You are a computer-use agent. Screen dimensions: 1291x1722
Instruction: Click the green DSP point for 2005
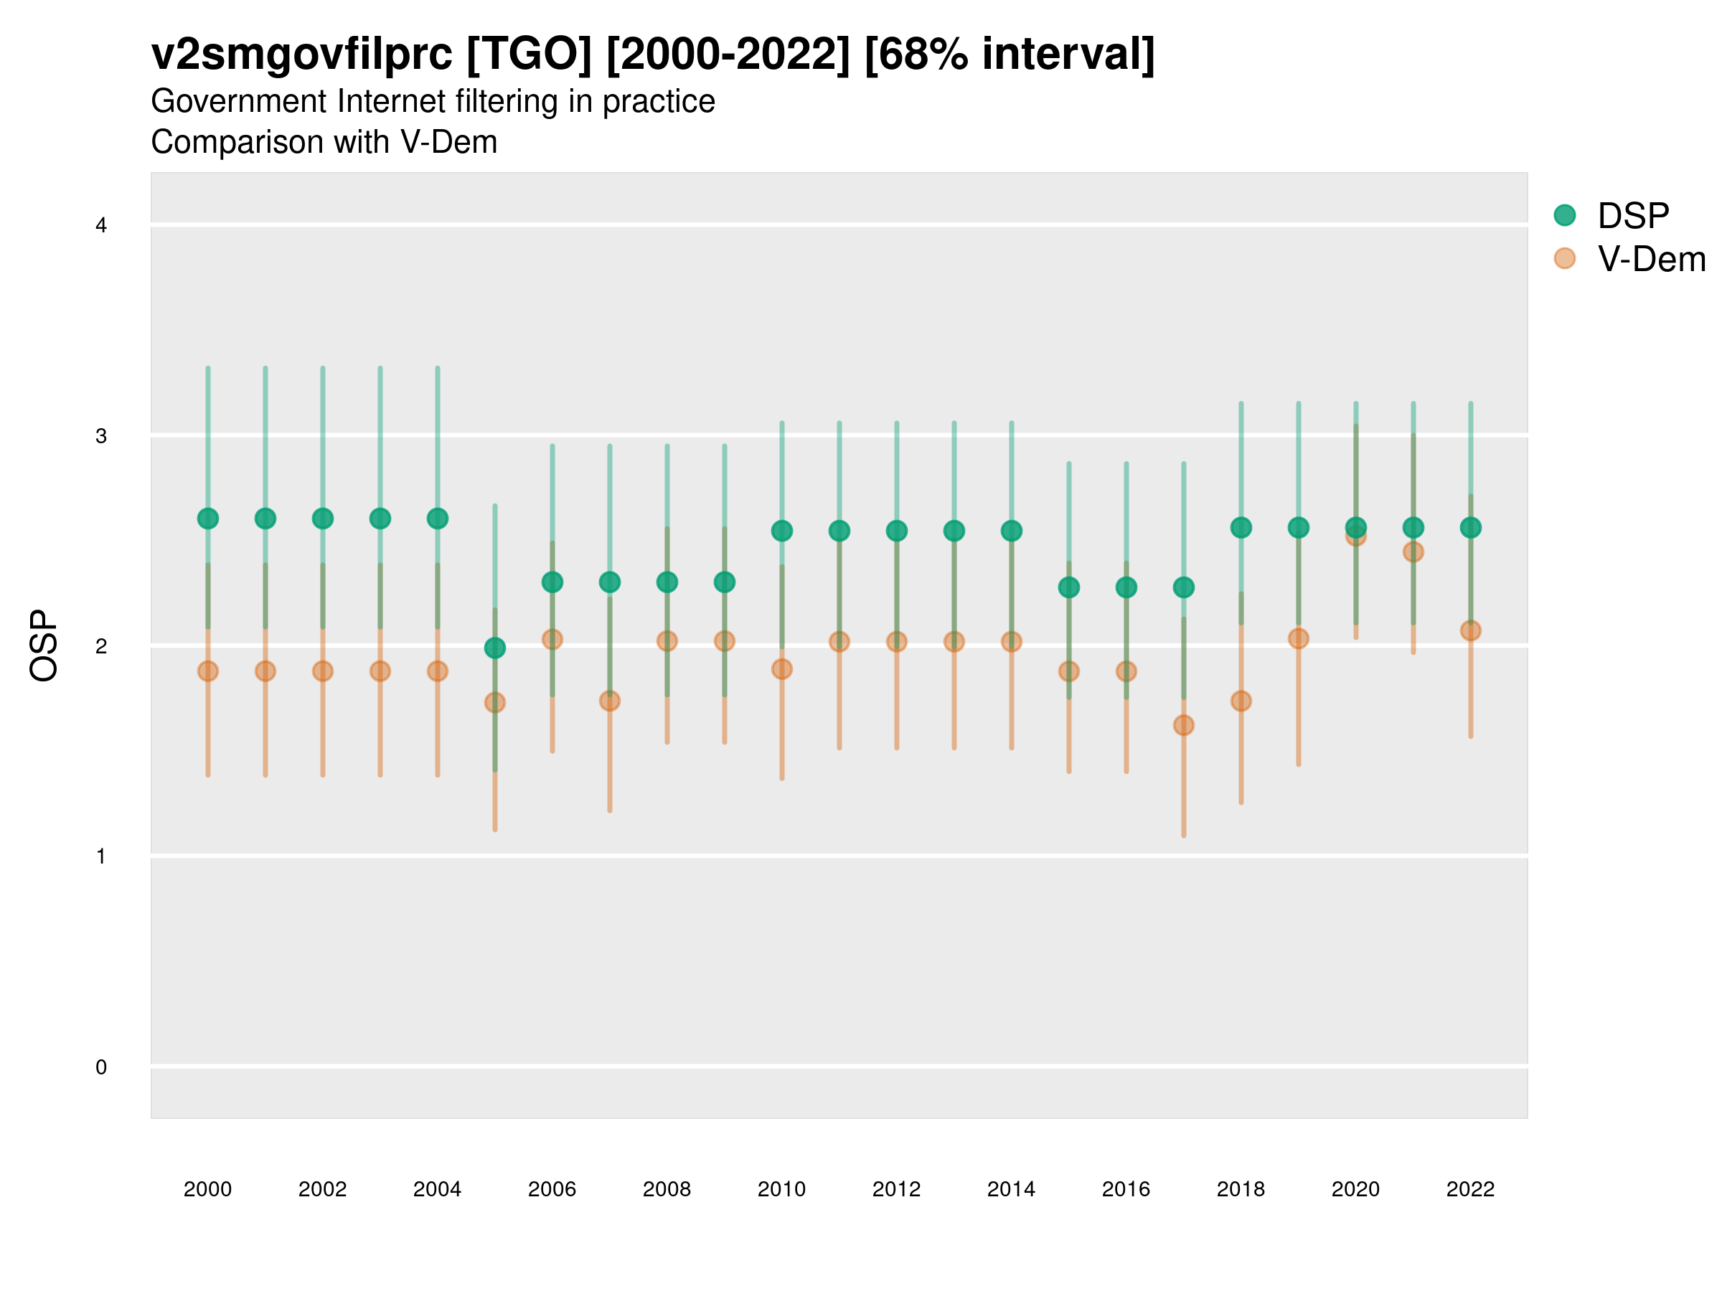pos(494,648)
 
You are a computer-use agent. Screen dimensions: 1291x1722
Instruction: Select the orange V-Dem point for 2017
pos(1183,725)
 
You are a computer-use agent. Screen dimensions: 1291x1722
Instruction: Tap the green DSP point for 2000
pos(208,519)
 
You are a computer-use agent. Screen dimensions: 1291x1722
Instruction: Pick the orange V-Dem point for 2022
pos(1471,630)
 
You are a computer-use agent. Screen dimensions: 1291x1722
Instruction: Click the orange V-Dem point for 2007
pos(610,701)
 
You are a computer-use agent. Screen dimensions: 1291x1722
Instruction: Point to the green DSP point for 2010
pos(781,531)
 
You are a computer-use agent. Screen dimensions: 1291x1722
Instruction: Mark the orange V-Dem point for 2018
pos(1241,701)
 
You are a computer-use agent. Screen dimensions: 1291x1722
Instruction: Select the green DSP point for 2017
pos(1183,587)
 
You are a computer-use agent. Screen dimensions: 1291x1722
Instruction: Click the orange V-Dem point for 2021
pos(1413,552)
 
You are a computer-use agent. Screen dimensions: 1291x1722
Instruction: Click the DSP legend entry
pos(1632,216)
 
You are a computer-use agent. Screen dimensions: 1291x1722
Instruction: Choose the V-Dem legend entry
pos(1650,259)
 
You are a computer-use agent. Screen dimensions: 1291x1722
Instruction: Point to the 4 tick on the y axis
pos(101,226)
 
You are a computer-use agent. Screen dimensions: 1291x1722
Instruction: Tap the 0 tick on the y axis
pos(101,1067)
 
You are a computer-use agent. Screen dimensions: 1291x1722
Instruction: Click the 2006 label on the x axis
pos(552,1189)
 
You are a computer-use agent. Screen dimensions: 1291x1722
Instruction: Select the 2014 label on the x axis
pos(1011,1189)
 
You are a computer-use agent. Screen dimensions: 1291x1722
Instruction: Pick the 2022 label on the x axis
pos(1471,1189)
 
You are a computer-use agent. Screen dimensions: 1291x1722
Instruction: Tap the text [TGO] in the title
pos(529,55)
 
